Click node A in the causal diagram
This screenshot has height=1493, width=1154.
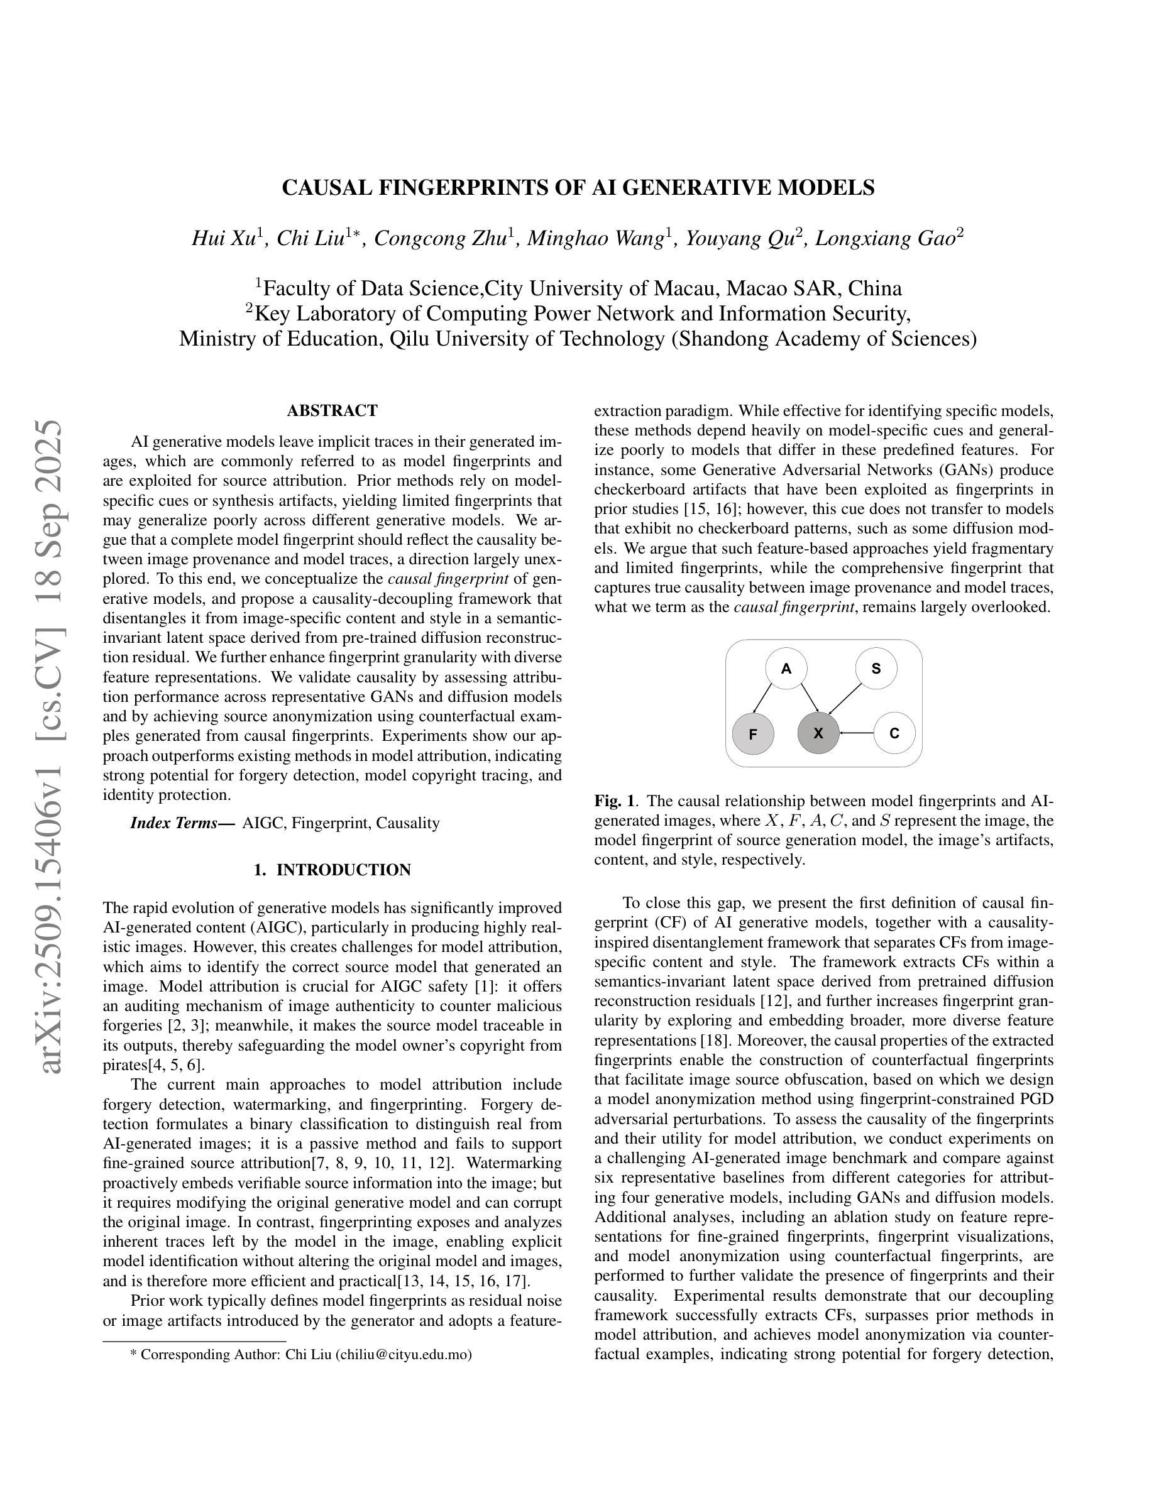[786, 668]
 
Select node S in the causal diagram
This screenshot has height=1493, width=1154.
[876, 668]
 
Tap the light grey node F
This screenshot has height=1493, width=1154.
[753, 733]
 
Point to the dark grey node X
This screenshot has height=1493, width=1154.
[818, 733]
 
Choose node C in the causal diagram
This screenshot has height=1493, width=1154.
[894, 733]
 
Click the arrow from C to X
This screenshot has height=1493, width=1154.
[857, 733]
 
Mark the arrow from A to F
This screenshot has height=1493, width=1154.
[762, 699]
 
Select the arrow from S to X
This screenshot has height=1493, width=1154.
[845, 701]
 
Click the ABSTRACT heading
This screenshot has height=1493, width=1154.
[332, 411]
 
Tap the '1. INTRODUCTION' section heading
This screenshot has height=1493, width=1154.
[332, 870]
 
